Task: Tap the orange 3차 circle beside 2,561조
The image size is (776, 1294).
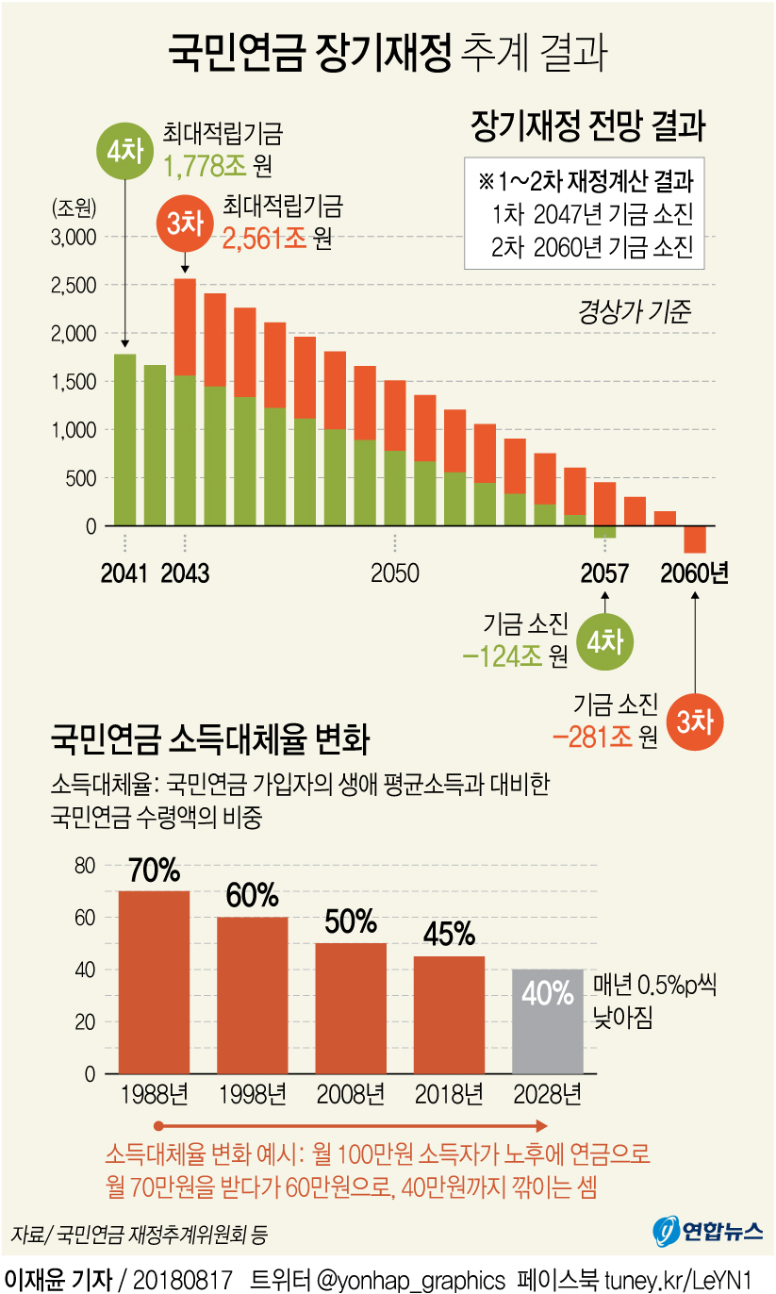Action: coord(185,224)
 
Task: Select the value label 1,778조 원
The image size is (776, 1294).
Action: coord(217,167)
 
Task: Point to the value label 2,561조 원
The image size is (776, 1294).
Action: coord(276,238)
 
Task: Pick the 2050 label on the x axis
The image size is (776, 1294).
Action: coord(394,573)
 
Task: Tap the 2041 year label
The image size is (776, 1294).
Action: coord(124,573)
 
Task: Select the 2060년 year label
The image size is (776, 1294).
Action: coord(695,573)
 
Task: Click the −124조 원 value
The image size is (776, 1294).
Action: coord(515,656)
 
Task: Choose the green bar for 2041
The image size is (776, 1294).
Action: coord(124,440)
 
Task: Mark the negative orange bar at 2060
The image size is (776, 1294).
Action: coord(695,539)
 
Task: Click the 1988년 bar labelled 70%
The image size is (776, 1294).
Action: coord(154,982)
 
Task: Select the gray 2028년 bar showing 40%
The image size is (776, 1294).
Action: coord(547,1020)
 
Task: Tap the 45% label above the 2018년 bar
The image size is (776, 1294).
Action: coord(449,934)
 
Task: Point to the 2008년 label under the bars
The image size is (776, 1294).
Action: coord(351,1095)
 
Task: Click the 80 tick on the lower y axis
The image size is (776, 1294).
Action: coord(85,866)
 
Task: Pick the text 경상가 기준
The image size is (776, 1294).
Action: coord(634,311)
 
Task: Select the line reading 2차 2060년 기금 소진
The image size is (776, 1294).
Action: coord(592,247)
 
